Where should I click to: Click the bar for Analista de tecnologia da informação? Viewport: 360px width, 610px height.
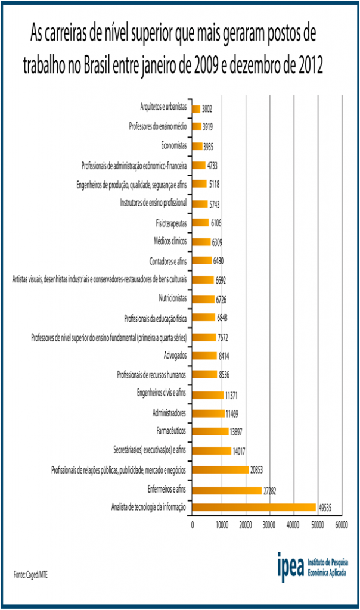click(x=254, y=508)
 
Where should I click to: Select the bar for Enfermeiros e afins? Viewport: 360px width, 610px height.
click(x=227, y=490)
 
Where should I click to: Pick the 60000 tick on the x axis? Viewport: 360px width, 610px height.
click(x=342, y=525)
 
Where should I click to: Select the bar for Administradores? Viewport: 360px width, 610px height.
click(x=209, y=413)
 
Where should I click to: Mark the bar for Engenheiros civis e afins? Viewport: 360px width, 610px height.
click(x=208, y=394)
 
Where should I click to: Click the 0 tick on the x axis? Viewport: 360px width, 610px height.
click(x=193, y=525)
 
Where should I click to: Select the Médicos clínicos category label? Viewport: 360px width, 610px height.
click(x=170, y=241)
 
